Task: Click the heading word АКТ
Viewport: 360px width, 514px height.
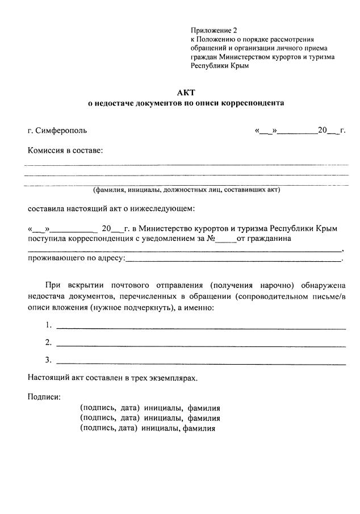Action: click(x=187, y=93)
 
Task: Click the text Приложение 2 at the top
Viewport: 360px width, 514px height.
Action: click(x=212, y=30)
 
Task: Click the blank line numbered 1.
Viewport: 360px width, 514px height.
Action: click(x=201, y=328)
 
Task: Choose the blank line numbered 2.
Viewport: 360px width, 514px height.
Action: click(x=201, y=345)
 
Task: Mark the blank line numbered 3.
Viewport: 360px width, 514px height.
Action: click(x=201, y=363)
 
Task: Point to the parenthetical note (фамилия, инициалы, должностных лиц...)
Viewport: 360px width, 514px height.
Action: click(x=187, y=190)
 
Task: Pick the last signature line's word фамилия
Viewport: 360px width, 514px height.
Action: click(x=199, y=429)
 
